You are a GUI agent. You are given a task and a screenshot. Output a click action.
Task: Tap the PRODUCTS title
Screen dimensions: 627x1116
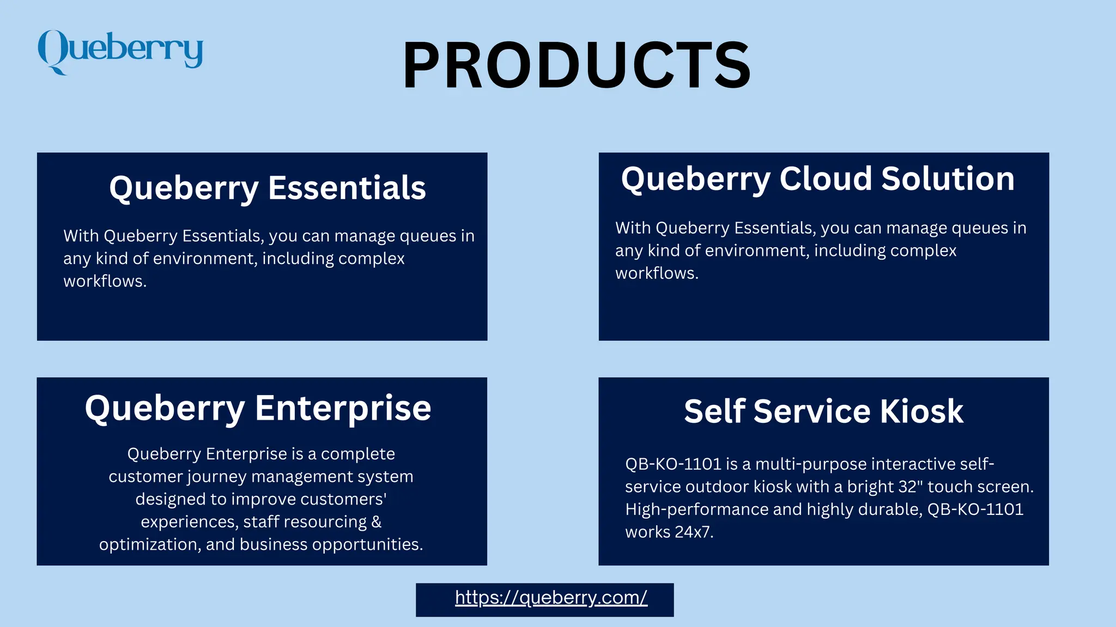(577, 65)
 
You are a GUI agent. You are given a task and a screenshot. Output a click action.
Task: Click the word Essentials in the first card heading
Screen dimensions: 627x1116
(347, 188)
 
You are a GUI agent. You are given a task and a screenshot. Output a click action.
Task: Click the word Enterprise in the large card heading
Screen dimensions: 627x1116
(343, 408)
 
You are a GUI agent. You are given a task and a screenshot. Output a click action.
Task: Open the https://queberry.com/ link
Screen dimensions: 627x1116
(551, 598)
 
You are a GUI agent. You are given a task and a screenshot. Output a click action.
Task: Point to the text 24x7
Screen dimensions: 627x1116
(694, 532)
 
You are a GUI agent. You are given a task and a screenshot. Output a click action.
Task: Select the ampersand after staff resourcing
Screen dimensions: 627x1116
(376, 522)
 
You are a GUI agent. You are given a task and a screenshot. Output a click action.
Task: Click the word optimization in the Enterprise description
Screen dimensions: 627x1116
(148, 545)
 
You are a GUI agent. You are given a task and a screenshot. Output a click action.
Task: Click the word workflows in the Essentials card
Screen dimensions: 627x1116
(105, 281)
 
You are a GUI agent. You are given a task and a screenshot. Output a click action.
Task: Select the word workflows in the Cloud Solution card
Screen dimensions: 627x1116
(656, 273)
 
